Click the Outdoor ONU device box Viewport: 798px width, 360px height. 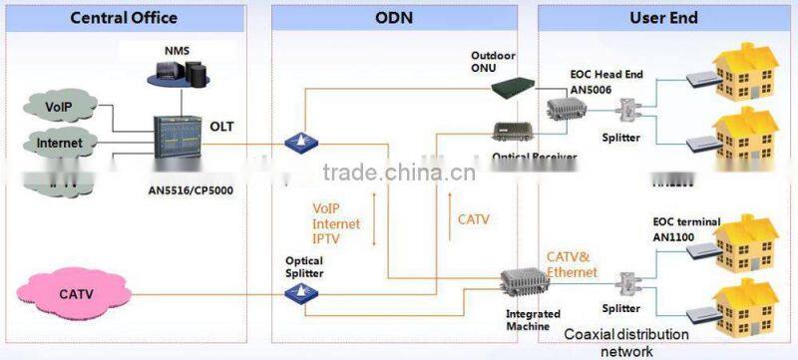pyautogui.click(x=517, y=89)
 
